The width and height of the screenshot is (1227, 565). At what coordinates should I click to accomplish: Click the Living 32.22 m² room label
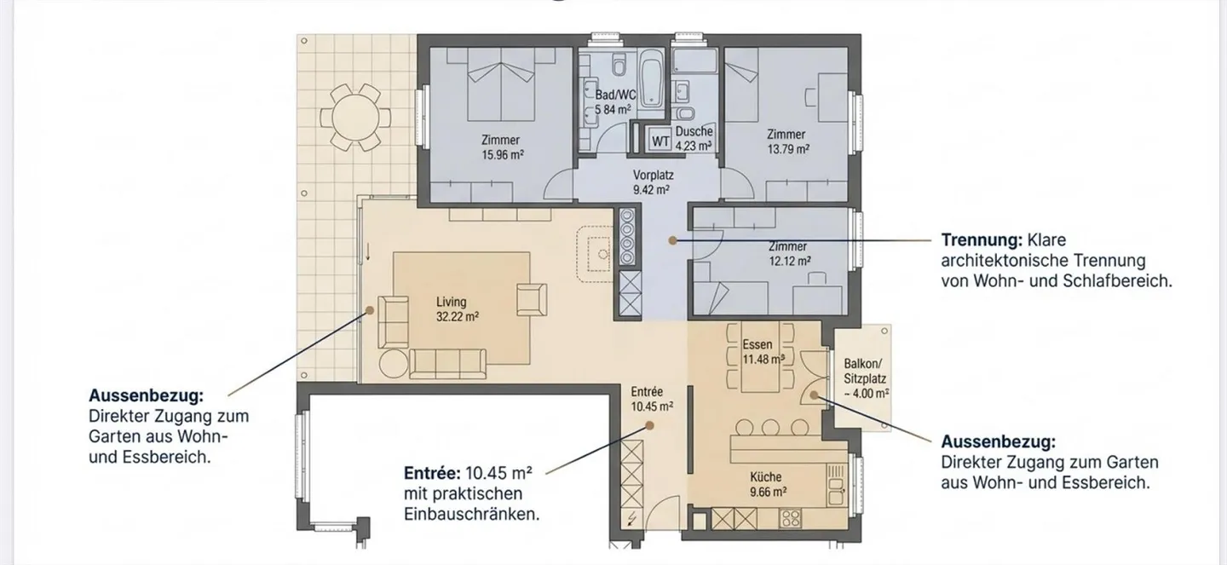(458, 309)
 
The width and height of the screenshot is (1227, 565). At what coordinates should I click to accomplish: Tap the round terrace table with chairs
(355, 118)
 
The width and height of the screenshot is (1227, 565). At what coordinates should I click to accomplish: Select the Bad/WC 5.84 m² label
(614, 102)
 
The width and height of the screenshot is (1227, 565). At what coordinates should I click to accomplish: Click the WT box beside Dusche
(660, 141)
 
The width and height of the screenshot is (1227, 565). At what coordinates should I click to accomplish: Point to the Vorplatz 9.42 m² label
(653, 182)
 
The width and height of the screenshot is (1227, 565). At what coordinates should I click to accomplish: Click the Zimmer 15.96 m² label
(502, 147)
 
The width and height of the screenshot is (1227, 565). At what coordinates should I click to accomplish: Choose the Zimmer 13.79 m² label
(787, 141)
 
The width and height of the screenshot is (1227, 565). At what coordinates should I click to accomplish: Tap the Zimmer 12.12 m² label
(789, 254)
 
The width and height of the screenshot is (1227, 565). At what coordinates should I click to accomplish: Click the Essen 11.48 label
(763, 352)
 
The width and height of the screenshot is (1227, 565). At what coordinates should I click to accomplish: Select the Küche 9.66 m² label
(768, 484)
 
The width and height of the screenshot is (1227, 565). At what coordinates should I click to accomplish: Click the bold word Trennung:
(982, 240)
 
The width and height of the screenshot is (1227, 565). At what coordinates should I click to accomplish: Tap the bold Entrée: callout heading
(432, 473)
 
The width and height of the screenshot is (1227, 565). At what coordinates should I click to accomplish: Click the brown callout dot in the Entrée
(649, 425)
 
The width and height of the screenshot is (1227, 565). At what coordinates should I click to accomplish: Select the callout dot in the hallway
(672, 240)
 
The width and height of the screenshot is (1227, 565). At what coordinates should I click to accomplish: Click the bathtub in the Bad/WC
(652, 78)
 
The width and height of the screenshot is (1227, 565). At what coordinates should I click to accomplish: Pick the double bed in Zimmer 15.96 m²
(501, 84)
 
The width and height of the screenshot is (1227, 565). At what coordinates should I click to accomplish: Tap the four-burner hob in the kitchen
(791, 518)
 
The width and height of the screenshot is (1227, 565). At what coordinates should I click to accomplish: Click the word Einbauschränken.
(472, 515)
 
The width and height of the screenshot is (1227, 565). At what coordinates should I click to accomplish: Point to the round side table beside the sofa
(394, 363)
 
